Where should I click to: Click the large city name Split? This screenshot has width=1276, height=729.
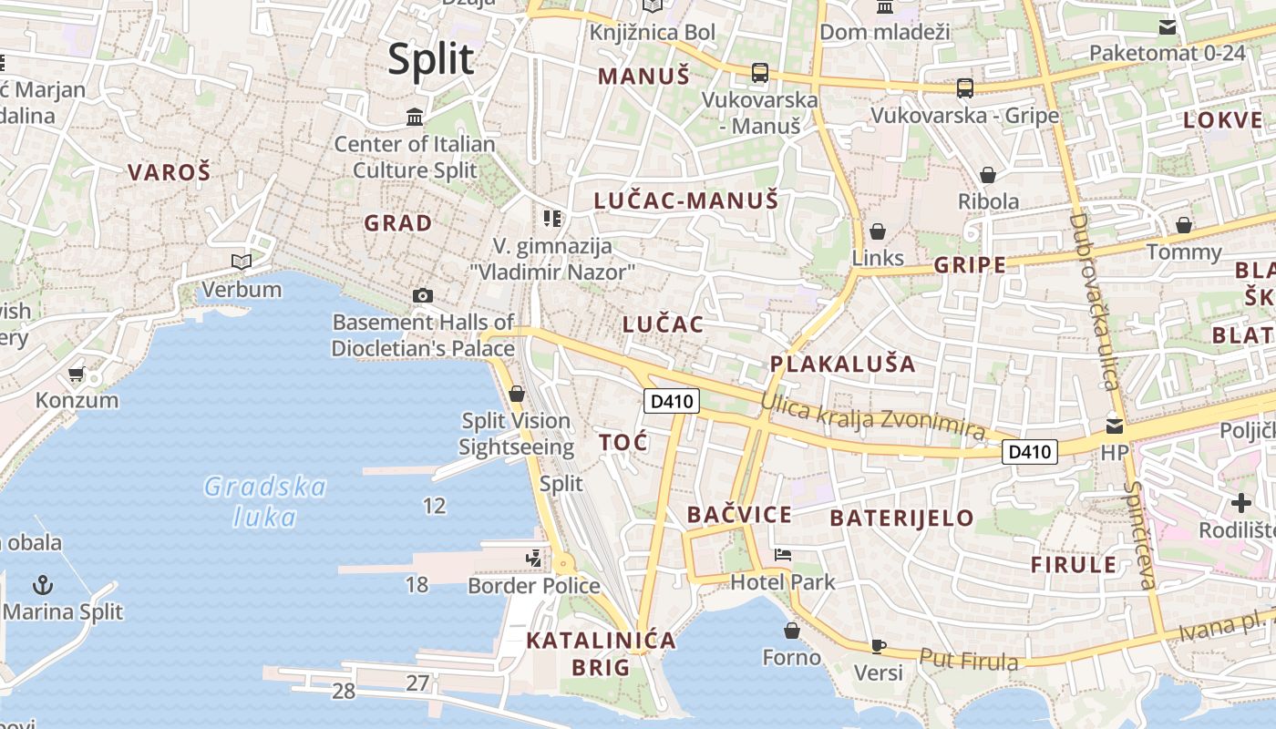tap(431, 60)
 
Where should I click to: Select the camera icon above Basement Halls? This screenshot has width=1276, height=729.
tap(422, 295)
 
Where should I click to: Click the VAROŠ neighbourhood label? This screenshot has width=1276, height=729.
tap(170, 172)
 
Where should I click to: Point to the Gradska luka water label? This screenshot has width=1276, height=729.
tap(264, 502)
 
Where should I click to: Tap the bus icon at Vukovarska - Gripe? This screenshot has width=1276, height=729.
tap(964, 88)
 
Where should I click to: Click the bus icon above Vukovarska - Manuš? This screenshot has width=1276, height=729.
tap(759, 73)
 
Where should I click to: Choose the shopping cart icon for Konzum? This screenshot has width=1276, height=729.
tap(77, 375)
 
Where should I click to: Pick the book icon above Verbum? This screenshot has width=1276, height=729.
tap(242, 262)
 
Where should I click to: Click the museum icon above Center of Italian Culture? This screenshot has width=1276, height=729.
tap(415, 117)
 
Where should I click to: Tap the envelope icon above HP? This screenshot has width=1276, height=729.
tap(1114, 426)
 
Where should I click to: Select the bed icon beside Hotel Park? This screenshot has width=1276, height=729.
tap(782, 554)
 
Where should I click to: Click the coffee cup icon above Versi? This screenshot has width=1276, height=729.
tap(878, 646)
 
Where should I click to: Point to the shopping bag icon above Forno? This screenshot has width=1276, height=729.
tap(792, 630)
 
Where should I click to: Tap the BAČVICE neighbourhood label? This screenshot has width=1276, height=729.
tap(739, 515)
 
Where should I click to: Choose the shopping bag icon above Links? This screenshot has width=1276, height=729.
tap(878, 231)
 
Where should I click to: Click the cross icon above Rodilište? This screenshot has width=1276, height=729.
tap(1240, 502)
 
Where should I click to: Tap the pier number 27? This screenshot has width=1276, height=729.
tap(417, 683)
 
